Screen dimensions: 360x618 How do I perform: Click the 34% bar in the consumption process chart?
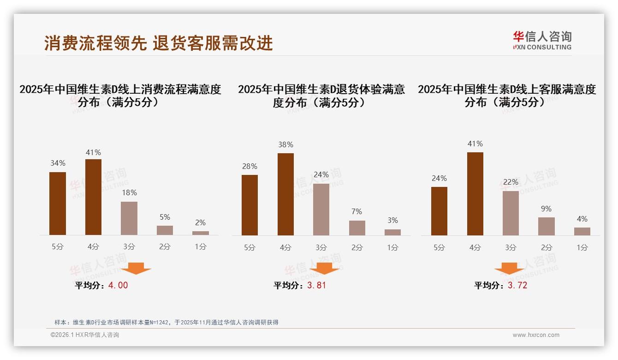[x=58, y=204]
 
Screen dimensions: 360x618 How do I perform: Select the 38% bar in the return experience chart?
[x=285, y=194]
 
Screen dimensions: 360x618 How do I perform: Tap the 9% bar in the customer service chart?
[x=546, y=226]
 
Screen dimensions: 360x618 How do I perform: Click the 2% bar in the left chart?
[x=201, y=233]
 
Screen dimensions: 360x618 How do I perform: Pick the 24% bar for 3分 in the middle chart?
[x=321, y=210]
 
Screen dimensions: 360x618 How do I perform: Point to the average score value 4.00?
[x=118, y=285]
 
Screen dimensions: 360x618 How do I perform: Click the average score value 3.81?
[x=316, y=285]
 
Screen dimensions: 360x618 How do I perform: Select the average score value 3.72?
[x=517, y=285]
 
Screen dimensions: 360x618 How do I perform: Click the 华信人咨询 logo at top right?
[x=542, y=40]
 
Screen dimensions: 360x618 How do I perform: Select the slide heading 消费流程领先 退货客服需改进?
[x=159, y=43]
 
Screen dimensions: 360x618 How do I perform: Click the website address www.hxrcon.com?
[x=536, y=335]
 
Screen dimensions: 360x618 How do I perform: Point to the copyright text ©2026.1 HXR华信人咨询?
[x=85, y=335]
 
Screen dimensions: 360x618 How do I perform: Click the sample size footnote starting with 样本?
[x=166, y=322]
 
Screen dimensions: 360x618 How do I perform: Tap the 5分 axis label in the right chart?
[x=439, y=247]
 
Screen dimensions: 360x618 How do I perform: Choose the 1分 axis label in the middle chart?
[x=392, y=247]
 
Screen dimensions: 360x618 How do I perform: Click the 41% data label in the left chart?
[x=93, y=152]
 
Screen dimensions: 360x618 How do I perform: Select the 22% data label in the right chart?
[x=511, y=182]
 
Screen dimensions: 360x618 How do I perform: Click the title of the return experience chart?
[x=321, y=96]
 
